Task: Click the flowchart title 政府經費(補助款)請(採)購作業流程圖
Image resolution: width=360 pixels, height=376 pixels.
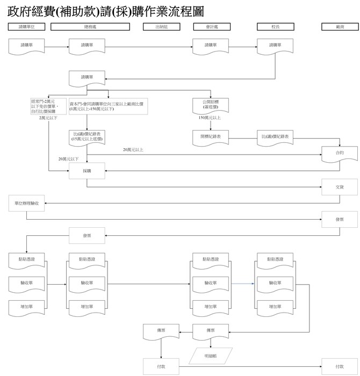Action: click(x=105, y=11)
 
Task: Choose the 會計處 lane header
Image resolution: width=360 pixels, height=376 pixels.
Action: click(x=211, y=26)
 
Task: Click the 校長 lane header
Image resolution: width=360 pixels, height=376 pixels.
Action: click(x=276, y=26)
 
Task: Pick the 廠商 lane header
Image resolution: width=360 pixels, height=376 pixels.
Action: click(x=339, y=26)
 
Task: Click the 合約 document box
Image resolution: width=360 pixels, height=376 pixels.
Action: click(x=339, y=153)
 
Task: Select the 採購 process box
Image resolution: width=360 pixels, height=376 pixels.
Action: click(x=87, y=171)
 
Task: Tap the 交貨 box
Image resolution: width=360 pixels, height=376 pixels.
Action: click(x=339, y=187)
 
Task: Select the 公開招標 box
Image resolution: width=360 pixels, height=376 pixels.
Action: click(x=211, y=104)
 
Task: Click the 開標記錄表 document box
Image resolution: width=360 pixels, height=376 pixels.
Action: click(x=211, y=138)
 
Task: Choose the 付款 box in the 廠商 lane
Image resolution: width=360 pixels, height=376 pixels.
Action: click(x=339, y=366)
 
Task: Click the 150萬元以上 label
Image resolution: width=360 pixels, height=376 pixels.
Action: click(x=210, y=118)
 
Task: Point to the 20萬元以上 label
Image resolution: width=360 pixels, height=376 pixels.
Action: click(x=133, y=149)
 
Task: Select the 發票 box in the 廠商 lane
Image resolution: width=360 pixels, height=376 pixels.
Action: click(x=339, y=220)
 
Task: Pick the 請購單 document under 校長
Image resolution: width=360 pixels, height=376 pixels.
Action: click(x=276, y=46)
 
